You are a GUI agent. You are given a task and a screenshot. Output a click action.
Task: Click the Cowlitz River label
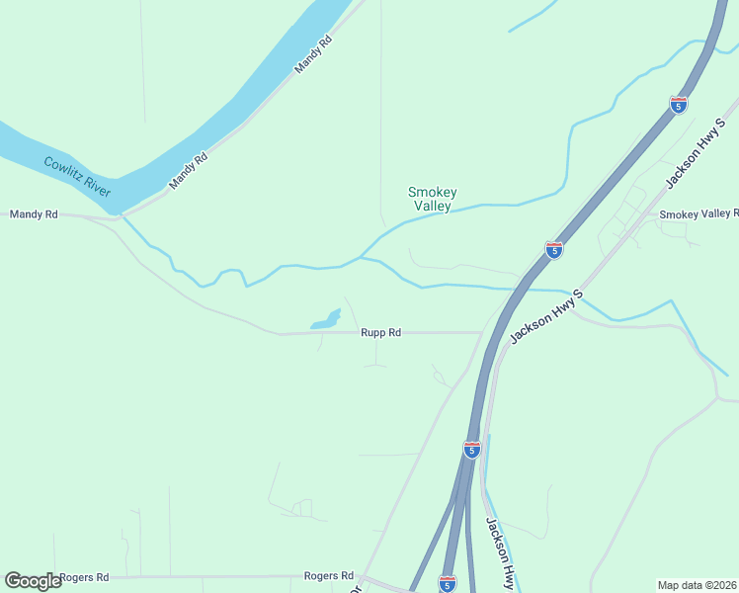click(78, 175)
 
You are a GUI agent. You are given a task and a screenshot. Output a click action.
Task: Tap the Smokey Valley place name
click(433, 199)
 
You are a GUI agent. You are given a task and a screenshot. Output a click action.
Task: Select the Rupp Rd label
click(380, 333)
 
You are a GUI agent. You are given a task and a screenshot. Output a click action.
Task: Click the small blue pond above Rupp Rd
click(326, 320)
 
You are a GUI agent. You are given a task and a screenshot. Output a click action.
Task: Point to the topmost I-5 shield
click(678, 103)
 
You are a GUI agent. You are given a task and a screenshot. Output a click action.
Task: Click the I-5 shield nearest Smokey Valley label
click(554, 250)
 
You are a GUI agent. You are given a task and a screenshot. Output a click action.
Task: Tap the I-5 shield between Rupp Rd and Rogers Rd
click(472, 450)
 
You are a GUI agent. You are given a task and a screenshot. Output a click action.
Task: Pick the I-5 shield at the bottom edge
click(447, 584)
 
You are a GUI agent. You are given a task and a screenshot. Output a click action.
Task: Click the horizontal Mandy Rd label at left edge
click(34, 213)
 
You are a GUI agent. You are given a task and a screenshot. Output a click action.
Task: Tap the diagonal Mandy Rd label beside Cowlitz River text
click(188, 170)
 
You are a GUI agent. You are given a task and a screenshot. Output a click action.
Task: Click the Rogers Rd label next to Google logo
click(83, 576)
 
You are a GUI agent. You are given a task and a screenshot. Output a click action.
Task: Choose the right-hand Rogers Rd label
click(328, 575)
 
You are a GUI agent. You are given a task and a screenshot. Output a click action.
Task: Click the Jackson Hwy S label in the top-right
click(690, 159)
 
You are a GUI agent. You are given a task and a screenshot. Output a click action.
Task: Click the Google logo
click(33, 580)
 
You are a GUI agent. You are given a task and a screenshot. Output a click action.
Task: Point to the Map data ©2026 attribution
click(697, 585)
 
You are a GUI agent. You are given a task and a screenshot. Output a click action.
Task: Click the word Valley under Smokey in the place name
click(433, 207)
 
